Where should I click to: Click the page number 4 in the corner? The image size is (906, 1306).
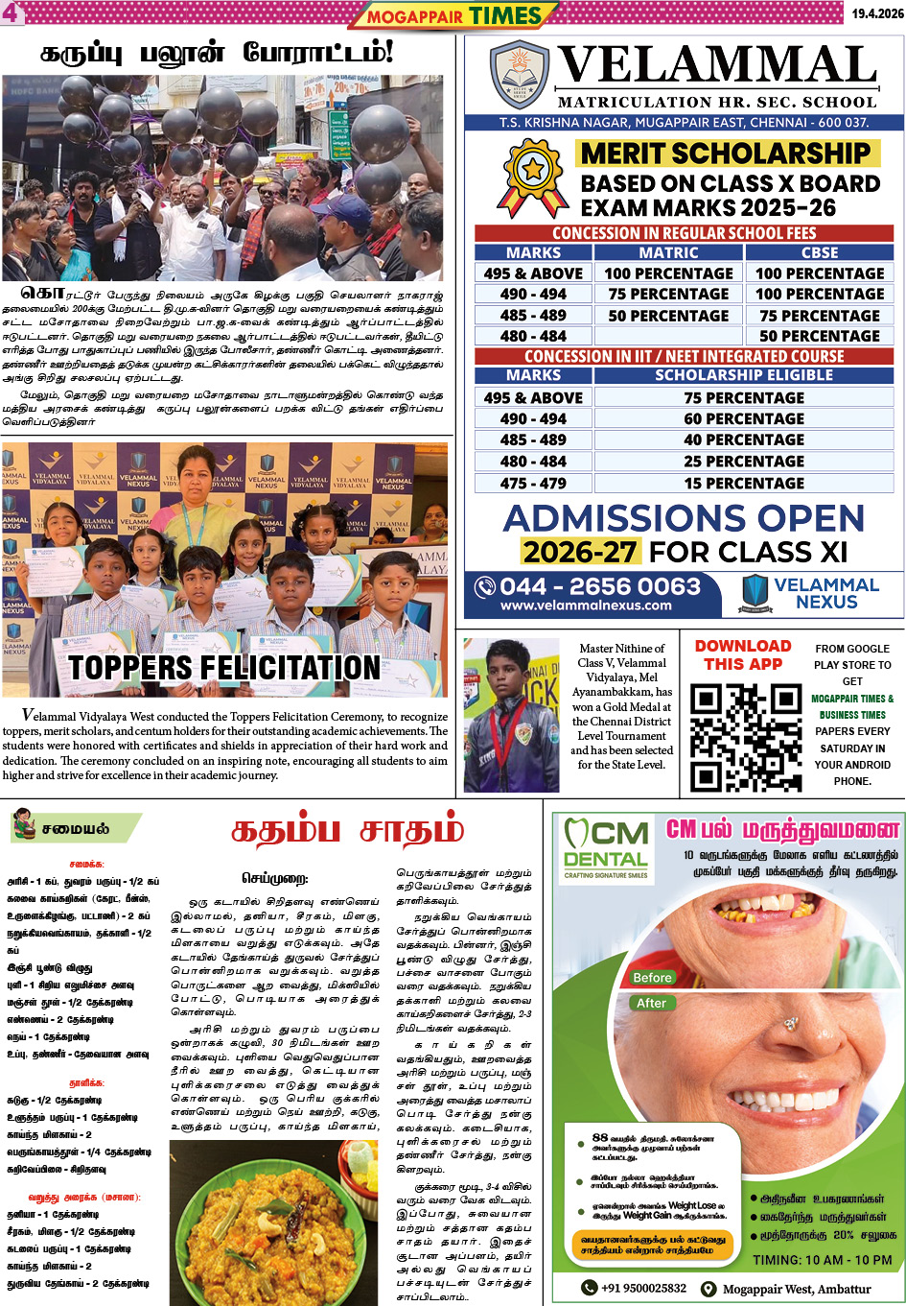point(11,12)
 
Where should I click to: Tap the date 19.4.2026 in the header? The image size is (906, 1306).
point(876,13)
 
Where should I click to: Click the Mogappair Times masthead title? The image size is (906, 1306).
point(454,15)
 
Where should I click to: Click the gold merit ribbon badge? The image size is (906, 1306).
point(533,176)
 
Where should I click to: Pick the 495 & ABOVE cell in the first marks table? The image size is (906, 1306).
point(533,273)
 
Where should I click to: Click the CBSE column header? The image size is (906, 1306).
point(819,252)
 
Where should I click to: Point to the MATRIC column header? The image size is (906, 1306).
point(668,252)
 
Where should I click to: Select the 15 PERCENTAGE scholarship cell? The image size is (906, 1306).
point(744,483)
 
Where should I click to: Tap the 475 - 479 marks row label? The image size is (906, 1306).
point(533,483)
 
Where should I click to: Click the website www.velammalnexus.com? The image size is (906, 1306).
point(586,606)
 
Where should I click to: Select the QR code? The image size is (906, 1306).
point(745,736)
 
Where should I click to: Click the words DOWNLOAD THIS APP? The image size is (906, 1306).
point(743,654)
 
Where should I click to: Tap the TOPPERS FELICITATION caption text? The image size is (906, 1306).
point(224,667)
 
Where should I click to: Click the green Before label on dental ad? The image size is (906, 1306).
point(652,977)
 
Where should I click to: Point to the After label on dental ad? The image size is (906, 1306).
point(651,1003)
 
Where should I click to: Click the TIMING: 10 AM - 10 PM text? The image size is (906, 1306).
point(822,1260)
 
